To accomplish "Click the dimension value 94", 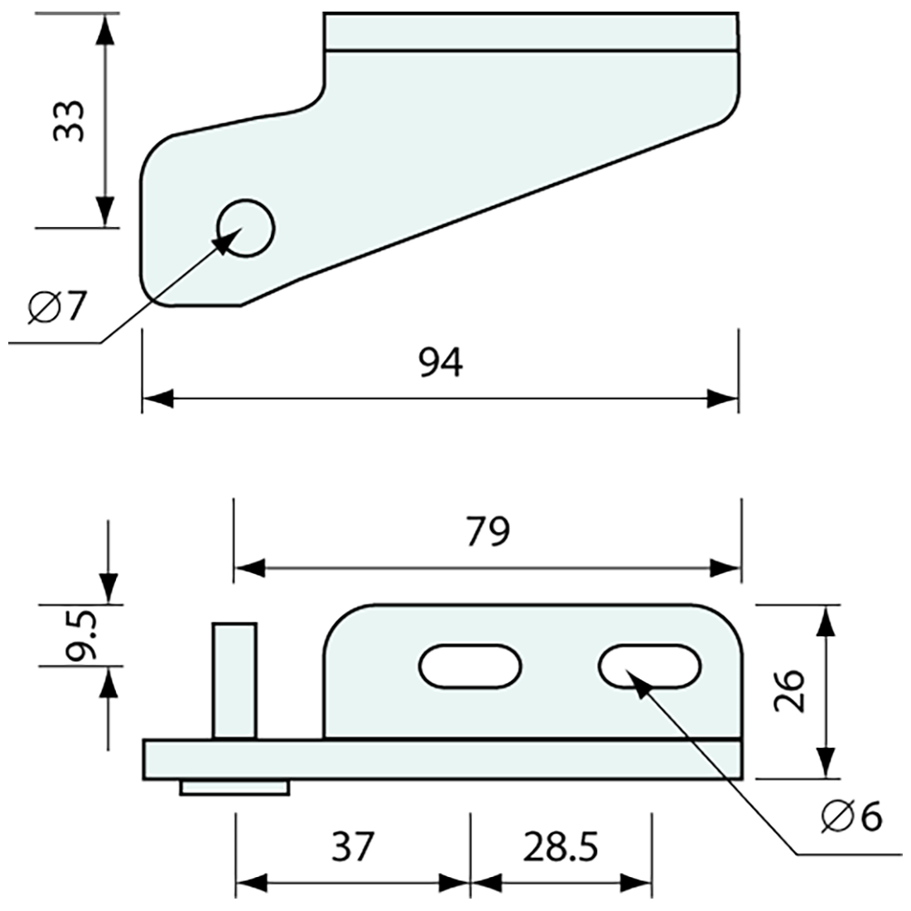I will [x=440, y=363].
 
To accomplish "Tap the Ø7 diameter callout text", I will [x=56, y=307].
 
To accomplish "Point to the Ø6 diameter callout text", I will [x=852, y=817].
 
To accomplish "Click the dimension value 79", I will [x=488, y=532].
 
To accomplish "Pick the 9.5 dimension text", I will [x=81, y=635].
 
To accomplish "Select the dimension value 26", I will [x=789, y=691].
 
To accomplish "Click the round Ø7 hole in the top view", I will [x=245, y=228].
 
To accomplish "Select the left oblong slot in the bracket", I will [x=470, y=665].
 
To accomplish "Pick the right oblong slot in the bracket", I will [x=650, y=665].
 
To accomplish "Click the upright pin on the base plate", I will [x=234, y=681].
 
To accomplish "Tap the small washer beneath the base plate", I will [x=234, y=788].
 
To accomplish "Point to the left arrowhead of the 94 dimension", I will [x=157, y=399].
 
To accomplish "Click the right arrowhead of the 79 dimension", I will [x=724, y=568].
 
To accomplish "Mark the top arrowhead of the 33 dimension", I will [x=104, y=29].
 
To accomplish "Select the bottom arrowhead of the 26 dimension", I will [x=824, y=762].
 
